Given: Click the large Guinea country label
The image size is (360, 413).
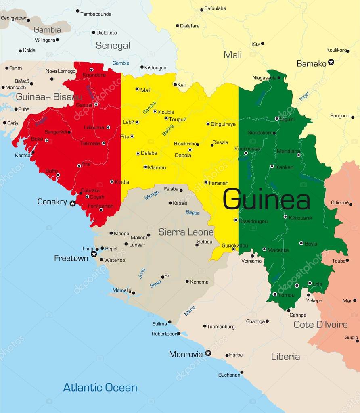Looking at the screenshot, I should (266, 200).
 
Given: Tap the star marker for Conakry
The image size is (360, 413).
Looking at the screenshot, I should (73, 204).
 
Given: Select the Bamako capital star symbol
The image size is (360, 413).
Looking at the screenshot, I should (331, 62).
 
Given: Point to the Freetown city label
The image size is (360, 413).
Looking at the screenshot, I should (71, 258).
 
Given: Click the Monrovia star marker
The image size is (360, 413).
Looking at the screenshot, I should (208, 353).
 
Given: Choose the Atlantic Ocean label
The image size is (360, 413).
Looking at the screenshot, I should (100, 388).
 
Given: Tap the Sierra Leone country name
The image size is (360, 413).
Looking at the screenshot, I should (186, 232).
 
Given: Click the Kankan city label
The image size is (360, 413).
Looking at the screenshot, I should (284, 167).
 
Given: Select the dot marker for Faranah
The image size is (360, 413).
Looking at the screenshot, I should (206, 182).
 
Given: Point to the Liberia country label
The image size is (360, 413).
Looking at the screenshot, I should (285, 357).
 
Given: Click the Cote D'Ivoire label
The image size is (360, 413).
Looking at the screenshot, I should (320, 325).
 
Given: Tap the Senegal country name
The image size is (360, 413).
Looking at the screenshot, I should (113, 46).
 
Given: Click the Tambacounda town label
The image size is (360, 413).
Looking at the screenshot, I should (96, 14).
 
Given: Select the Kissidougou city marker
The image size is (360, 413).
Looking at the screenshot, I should (236, 220).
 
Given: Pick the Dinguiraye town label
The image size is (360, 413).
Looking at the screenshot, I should (224, 124).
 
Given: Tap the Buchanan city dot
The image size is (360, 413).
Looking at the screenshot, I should (242, 372).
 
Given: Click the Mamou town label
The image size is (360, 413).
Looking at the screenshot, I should (157, 167).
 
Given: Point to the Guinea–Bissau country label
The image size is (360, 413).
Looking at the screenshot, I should (48, 97).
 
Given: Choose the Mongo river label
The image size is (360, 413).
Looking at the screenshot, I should (152, 195).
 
